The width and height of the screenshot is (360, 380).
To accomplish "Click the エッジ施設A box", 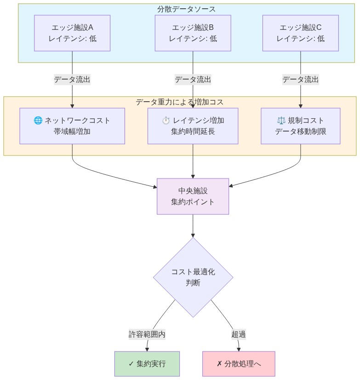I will [x=72, y=33].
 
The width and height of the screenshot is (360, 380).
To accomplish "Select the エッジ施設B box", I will [x=193, y=33].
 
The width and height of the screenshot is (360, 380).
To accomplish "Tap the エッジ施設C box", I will [x=300, y=33].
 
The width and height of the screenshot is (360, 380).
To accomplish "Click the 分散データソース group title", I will [x=186, y=9].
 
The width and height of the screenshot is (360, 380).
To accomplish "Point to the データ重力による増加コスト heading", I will [x=180, y=102].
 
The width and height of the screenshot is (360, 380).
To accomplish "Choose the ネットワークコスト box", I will [x=72, y=126].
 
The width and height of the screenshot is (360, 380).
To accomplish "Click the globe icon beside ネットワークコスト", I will [x=38, y=121].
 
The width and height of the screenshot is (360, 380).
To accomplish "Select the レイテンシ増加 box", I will [x=193, y=126].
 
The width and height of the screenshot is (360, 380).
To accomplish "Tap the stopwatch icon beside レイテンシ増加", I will [x=166, y=121].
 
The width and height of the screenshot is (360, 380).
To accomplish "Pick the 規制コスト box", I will [x=300, y=126].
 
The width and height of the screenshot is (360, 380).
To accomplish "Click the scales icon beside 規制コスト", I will [x=281, y=121].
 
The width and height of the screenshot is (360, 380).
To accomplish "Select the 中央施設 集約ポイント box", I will [x=193, y=196].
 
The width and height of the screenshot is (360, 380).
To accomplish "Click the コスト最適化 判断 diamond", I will [x=193, y=277].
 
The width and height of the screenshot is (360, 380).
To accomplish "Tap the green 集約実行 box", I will [x=147, y=364].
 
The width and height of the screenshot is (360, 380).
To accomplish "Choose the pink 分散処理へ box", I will [x=239, y=364].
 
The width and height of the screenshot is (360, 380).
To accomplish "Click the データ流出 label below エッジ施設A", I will [x=72, y=80].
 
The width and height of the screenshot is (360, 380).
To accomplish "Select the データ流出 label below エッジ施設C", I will [x=300, y=80].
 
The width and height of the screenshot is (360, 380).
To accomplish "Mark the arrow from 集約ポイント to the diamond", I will [x=193, y=226].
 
